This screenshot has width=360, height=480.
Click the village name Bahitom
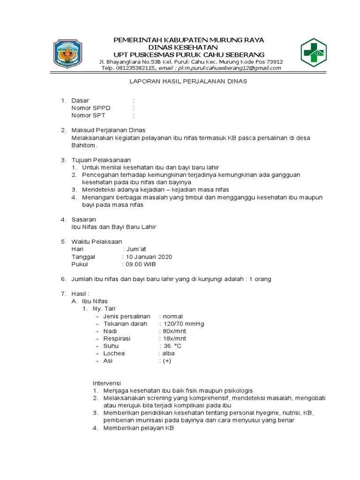[x=82, y=145]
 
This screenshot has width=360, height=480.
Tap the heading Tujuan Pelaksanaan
[x=101, y=160]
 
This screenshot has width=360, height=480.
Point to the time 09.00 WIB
[x=140, y=264]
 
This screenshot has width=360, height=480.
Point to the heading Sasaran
[x=83, y=219]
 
